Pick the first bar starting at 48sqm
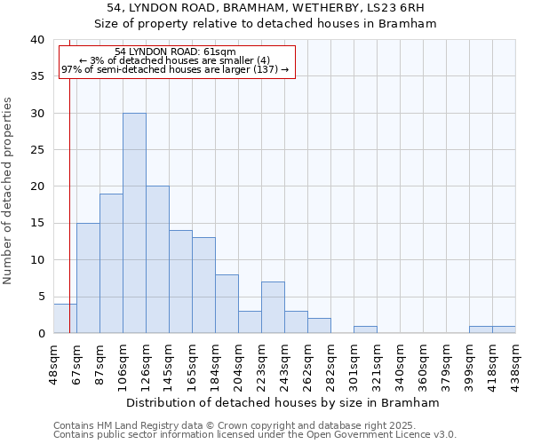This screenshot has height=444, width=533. [65, 319]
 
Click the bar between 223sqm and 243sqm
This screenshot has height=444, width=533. [273, 307]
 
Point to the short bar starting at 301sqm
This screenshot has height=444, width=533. [365, 329]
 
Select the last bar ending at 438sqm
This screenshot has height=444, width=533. [504, 329]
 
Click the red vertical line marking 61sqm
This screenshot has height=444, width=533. [69, 178]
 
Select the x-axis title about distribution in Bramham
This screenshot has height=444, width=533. [284, 402]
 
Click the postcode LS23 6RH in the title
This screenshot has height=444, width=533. [391, 8]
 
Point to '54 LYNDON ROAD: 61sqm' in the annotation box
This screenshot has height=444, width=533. [176, 52]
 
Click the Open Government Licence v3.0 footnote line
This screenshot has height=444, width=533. [255, 435]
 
